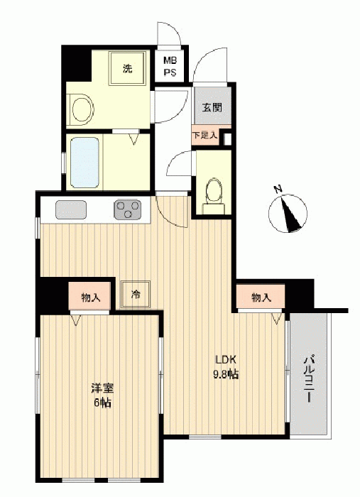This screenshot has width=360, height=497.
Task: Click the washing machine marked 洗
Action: (x=128, y=68)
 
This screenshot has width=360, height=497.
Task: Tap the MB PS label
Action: (x=170, y=66)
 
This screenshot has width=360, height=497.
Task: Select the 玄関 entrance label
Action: (x=212, y=108)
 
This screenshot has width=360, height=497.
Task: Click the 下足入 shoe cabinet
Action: (x=205, y=136)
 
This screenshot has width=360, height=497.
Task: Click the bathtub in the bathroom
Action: (x=84, y=163)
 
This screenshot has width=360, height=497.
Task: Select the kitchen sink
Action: (x=71, y=209)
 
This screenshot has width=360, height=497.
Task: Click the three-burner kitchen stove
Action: (x=127, y=209)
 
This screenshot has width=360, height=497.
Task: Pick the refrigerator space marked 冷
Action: (x=136, y=295)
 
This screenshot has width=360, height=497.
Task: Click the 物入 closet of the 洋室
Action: (x=90, y=297)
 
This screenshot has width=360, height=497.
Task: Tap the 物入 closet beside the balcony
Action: (x=261, y=297)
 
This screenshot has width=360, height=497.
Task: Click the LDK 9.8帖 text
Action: (x=226, y=367)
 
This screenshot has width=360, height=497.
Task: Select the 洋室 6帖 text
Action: (x=102, y=395)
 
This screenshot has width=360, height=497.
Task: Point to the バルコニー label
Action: (x=309, y=379)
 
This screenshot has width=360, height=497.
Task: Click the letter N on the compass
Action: (x=278, y=190)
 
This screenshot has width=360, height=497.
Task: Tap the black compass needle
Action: (x=290, y=214)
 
